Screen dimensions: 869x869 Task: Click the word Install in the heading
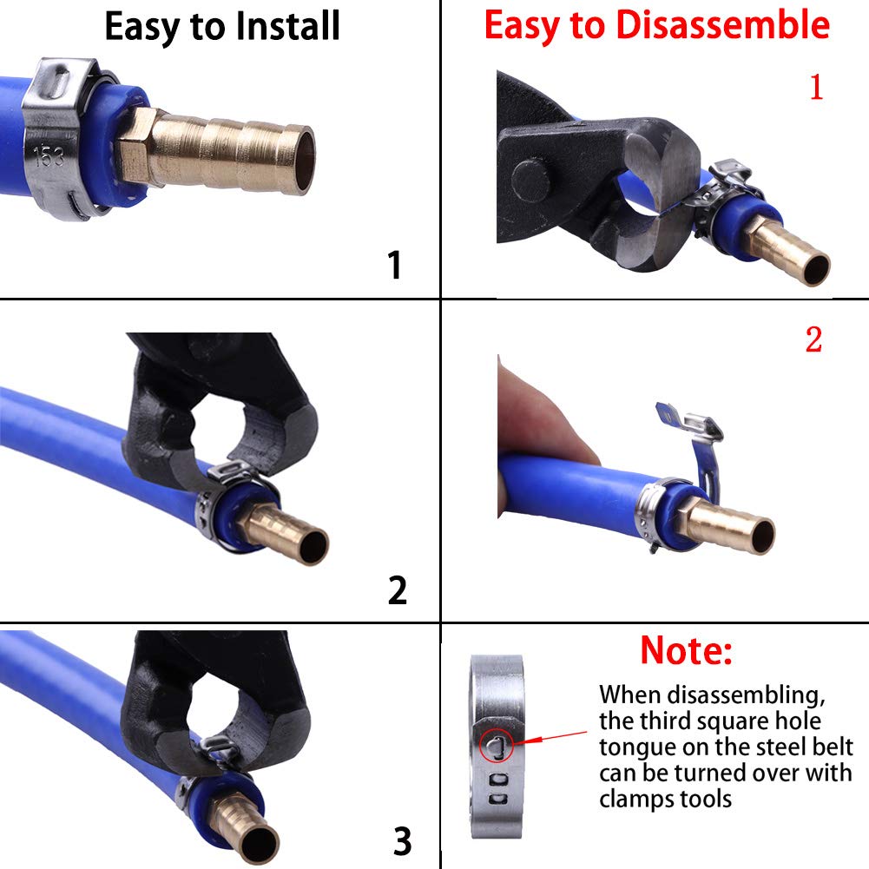click(x=280, y=27)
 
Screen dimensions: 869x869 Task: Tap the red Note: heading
click(x=686, y=649)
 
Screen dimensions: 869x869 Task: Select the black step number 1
click(x=395, y=265)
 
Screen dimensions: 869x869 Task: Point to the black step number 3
click(x=401, y=840)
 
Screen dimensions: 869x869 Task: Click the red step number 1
click(x=815, y=88)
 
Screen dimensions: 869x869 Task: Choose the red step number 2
click(x=813, y=340)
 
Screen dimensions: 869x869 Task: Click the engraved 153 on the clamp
click(x=49, y=156)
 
